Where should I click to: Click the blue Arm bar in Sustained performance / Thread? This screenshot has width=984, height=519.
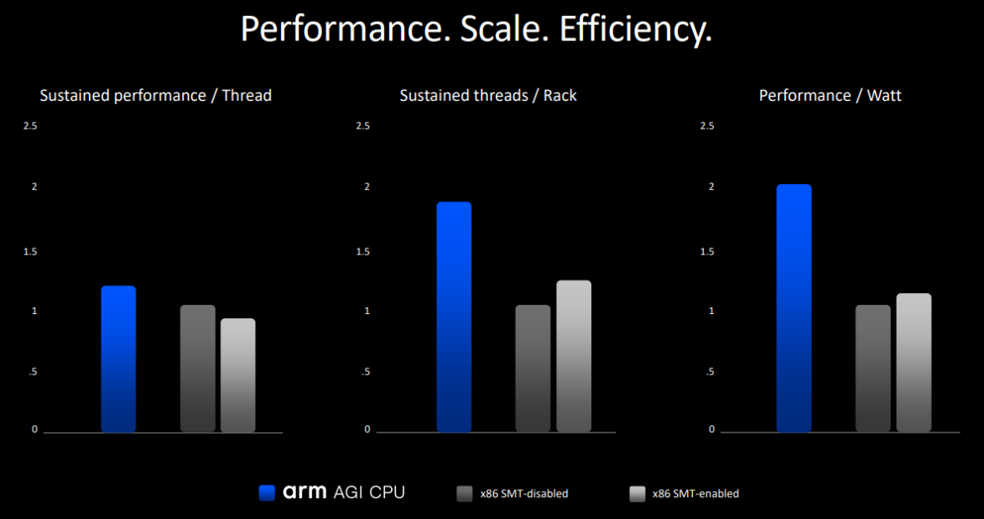coord(118,359)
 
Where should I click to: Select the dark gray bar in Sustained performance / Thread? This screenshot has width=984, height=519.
coord(198,369)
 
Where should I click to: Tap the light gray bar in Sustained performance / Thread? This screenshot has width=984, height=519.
coord(238,375)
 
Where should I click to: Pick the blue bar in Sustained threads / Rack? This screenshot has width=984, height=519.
coord(454,317)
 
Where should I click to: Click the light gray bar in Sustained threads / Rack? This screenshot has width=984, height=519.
coord(574,356)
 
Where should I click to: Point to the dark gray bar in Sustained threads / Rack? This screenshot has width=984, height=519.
coord(534,369)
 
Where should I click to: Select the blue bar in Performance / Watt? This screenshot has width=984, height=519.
coord(794,308)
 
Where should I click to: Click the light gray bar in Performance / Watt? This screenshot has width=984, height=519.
coord(914,363)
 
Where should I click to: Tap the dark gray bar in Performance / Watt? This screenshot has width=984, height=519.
coord(873,369)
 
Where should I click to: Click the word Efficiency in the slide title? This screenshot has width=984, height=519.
coord(636,29)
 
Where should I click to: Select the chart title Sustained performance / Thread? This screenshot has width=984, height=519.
coord(156,96)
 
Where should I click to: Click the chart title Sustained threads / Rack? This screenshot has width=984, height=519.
coord(488,96)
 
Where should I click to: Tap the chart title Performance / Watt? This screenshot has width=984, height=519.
coord(830,96)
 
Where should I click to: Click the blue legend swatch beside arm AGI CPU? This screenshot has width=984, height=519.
coord(267,493)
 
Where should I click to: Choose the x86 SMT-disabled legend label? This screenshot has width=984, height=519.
coord(523,494)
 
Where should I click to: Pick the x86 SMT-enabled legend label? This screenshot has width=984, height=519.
coord(695,494)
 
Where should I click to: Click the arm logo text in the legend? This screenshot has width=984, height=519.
coord(305,493)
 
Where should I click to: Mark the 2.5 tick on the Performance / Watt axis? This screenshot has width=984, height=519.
coord(706,126)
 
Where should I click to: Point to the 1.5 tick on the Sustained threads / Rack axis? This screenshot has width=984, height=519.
coord(362,252)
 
